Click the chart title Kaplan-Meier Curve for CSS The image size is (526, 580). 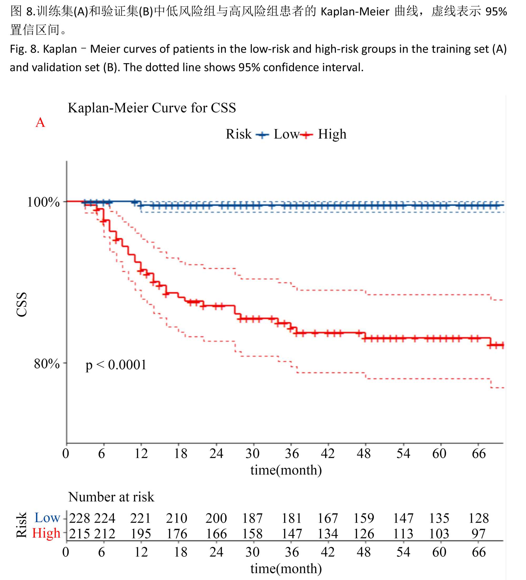click(x=152, y=108)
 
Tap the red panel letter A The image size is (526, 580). click(x=40, y=122)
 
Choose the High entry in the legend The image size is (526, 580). click(x=332, y=134)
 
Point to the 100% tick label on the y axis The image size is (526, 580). click(x=43, y=202)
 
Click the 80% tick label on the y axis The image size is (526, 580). click(x=47, y=364)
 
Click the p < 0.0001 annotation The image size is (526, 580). click(x=116, y=365)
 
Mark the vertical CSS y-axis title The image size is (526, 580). click(x=22, y=305)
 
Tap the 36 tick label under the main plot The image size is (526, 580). click(x=292, y=454)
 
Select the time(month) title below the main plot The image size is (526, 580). click(x=286, y=470)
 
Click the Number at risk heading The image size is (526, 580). click(x=111, y=497)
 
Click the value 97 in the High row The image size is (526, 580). click(x=478, y=534)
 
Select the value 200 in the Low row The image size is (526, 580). click(x=216, y=519)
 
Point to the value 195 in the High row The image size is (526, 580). click(x=141, y=534)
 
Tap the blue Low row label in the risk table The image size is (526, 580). click(x=47, y=518)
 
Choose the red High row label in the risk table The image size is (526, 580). click(x=46, y=533)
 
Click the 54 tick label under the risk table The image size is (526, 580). click(x=403, y=552)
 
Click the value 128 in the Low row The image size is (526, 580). click(x=478, y=519)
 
